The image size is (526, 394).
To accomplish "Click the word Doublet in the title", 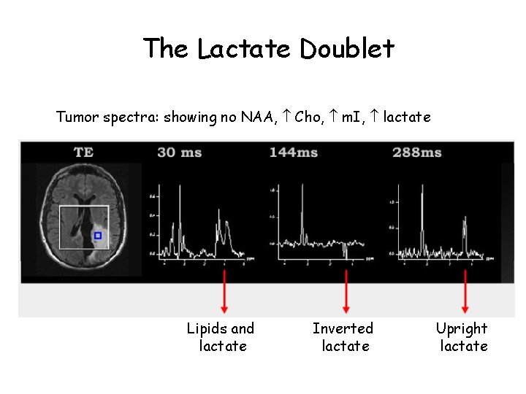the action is (346, 49).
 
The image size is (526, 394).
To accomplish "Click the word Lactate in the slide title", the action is (245, 49).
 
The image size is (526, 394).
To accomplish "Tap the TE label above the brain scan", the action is (83, 152).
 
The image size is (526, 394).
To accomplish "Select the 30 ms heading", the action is (180, 152).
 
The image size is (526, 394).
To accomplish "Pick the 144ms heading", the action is (294, 152).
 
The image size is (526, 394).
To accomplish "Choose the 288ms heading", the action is (416, 152).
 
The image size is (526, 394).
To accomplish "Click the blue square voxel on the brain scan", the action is (98, 236).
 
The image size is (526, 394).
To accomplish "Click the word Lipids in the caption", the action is (205, 329).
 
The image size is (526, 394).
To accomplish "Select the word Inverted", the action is (343, 329).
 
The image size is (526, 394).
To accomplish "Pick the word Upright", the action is (462, 329).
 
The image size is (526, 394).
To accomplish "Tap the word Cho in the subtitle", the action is (308, 117).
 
